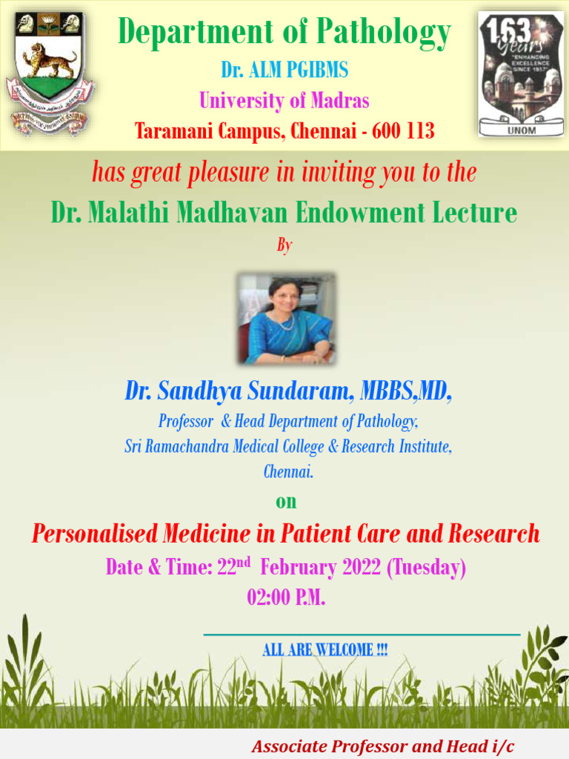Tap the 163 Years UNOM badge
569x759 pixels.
pos(520,74)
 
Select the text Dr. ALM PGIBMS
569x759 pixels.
pos(284,70)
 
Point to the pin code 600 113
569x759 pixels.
pos(404,132)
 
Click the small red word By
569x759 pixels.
pos(284,245)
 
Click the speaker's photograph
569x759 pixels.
pos(286,318)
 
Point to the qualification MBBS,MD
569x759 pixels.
pos(405,391)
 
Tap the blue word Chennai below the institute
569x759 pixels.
pos(288,471)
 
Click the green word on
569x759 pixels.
pos(286,502)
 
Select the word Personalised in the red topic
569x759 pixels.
pos(94,533)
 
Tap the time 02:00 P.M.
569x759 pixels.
pos(286,597)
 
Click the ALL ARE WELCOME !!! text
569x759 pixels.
pos(325,650)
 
